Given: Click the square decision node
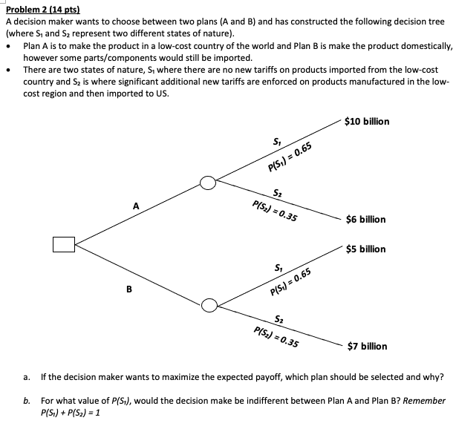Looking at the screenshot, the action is (x=64, y=243).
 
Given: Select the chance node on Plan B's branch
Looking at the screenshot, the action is (x=209, y=304).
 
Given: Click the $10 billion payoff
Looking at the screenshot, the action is (x=368, y=121).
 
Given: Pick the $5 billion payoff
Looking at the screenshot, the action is (x=365, y=249).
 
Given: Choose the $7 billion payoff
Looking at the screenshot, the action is (x=367, y=346).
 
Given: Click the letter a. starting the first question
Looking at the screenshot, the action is (x=27, y=377).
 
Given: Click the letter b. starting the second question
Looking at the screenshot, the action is (x=27, y=401).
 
